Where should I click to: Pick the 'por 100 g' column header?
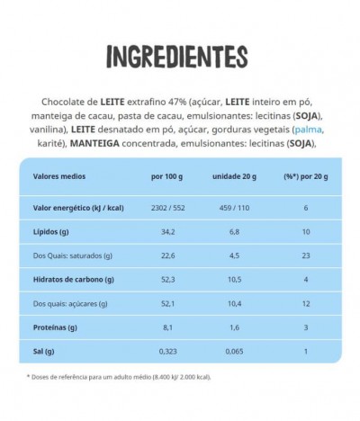click(168, 176)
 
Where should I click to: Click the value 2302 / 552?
click(168, 207)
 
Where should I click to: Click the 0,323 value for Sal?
click(168, 350)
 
